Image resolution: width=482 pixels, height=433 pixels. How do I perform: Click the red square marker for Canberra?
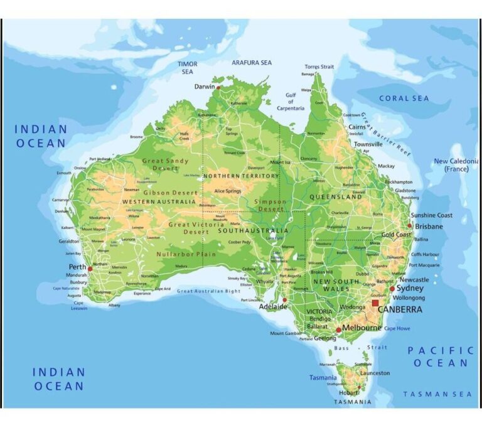(x=375, y=303)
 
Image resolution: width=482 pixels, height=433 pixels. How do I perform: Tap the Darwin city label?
(x=204, y=87)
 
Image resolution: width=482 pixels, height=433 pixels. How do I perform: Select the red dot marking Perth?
(x=90, y=269)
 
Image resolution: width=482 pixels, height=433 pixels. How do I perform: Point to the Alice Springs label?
(x=228, y=191)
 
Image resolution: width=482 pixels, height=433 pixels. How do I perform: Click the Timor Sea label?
(x=187, y=68)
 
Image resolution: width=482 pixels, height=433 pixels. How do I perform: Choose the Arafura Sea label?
(x=252, y=63)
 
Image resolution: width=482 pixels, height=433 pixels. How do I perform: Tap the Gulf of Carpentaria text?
(x=291, y=102)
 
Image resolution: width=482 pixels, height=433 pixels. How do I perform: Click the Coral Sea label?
(x=404, y=99)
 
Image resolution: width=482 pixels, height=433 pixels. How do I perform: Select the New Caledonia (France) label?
(x=457, y=165)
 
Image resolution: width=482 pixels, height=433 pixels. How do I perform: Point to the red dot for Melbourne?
(x=339, y=329)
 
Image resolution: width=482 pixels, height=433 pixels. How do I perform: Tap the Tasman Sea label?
(x=437, y=394)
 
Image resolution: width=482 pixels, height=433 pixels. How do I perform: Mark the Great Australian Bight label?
(x=208, y=291)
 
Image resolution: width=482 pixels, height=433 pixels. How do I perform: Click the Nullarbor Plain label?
(x=186, y=255)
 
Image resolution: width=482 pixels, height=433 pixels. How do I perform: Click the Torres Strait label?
(x=319, y=67)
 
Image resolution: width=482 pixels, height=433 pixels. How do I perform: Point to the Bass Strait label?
(x=360, y=347)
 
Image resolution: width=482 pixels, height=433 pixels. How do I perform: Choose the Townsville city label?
(x=368, y=144)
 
